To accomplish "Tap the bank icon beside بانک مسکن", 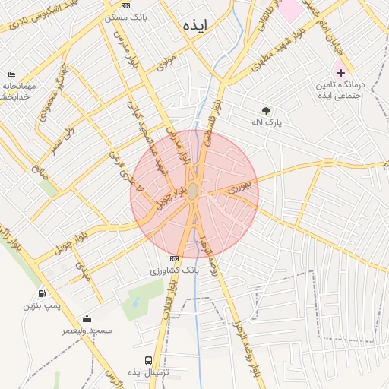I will click(x=125, y=5).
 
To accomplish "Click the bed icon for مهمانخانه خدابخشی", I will click(x=11, y=75).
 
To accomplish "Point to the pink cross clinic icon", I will click(x=340, y=73).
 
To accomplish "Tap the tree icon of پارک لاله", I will click(x=266, y=111).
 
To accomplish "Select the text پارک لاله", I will click(x=267, y=122).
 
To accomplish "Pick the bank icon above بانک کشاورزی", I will click(x=176, y=258).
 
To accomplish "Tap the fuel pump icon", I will click(x=40, y=294).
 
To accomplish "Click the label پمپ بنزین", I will click(x=40, y=306).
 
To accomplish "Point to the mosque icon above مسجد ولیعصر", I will click(x=87, y=319).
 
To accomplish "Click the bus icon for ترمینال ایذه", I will click(x=148, y=361).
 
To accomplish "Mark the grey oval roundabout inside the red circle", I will click(x=194, y=191).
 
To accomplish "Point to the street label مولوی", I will click(x=166, y=62).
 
